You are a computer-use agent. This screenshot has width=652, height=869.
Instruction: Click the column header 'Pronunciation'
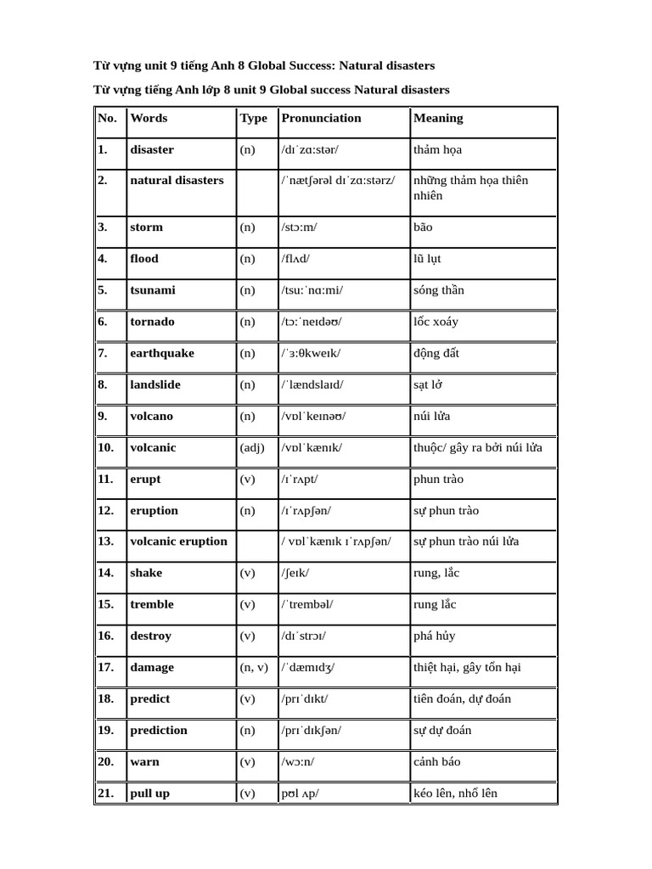[x=321, y=119]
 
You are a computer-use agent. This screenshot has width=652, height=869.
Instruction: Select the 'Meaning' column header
[x=438, y=119]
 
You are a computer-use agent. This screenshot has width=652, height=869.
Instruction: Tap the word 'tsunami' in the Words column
[x=153, y=290]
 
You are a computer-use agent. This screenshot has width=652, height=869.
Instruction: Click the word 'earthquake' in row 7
[x=162, y=353]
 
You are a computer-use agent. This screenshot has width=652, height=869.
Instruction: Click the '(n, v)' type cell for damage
[x=256, y=667]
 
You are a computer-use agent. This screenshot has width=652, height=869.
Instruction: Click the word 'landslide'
[x=155, y=384]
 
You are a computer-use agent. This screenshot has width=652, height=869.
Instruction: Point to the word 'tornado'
[x=153, y=322]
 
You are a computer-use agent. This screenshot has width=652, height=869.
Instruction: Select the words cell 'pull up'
[x=149, y=793]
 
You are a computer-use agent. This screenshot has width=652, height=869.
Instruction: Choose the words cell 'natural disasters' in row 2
[x=177, y=181]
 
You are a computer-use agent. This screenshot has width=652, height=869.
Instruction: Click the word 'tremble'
[x=152, y=604]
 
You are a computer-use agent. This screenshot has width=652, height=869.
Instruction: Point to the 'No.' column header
[x=107, y=119]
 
